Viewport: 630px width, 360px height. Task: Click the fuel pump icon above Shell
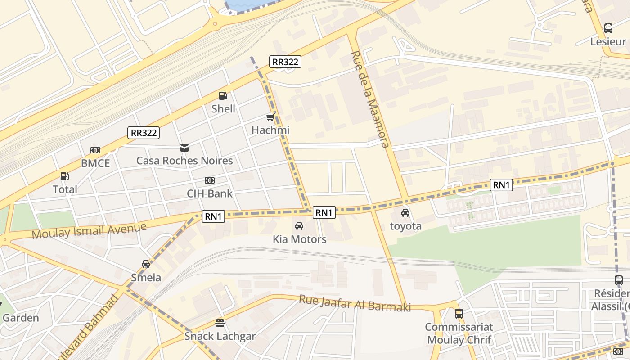click(x=223, y=95)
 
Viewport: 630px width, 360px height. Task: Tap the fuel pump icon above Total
click(x=65, y=176)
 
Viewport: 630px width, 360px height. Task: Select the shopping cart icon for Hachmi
click(x=270, y=117)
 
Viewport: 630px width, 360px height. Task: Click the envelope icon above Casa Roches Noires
click(x=184, y=148)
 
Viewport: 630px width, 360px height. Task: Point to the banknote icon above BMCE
click(x=95, y=150)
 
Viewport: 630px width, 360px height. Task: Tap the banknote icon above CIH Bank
click(x=210, y=180)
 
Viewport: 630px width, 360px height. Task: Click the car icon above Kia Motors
click(x=299, y=226)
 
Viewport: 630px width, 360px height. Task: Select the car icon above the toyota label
click(x=405, y=213)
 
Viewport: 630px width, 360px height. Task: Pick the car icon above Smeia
click(x=146, y=264)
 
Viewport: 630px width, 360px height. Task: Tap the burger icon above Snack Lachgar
click(x=220, y=323)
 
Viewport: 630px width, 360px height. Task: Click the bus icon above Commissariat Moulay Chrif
click(x=459, y=314)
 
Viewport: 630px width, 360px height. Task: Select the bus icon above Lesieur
click(x=608, y=28)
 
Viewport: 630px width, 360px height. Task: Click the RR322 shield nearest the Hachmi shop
click(x=285, y=62)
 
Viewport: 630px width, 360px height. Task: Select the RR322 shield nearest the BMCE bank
click(x=144, y=132)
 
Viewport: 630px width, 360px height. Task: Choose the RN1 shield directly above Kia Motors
click(x=324, y=212)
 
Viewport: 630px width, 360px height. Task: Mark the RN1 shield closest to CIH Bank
click(x=213, y=216)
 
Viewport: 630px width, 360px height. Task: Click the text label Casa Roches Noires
click(x=184, y=161)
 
